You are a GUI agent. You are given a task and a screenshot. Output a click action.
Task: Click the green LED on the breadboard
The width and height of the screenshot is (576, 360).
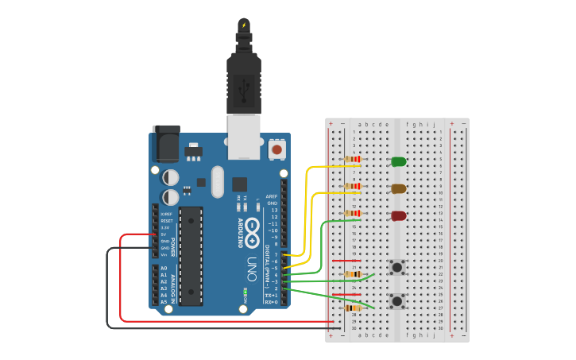[x=398, y=162]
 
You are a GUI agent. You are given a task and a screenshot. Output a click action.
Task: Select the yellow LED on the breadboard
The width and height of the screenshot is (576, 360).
[x=398, y=189]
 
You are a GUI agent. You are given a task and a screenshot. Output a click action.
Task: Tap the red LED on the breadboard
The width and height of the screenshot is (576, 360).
[x=398, y=216]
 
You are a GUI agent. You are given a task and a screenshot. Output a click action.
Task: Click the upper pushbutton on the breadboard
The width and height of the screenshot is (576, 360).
[x=396, y=268]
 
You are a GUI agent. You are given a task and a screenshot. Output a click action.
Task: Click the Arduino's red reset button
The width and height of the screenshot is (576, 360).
[x=276, y=149]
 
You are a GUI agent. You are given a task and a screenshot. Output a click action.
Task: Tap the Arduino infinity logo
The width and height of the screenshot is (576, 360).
[x=253, y=226]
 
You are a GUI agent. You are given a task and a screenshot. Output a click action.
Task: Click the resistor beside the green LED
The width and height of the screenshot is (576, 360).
[x=353, y=159]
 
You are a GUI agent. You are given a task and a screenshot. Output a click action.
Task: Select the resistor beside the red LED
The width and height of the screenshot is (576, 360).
[x=353, y=213]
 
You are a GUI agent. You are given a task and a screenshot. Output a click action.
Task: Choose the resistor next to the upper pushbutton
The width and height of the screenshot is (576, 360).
[x=353, y=274]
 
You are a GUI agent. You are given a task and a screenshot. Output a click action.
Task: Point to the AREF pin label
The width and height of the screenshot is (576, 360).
[x=272, y=195]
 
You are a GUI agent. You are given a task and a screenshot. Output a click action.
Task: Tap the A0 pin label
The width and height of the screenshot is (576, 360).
[x=164, y=268]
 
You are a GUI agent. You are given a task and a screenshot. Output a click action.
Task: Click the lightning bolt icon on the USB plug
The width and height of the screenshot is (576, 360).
[x=243, y=25]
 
